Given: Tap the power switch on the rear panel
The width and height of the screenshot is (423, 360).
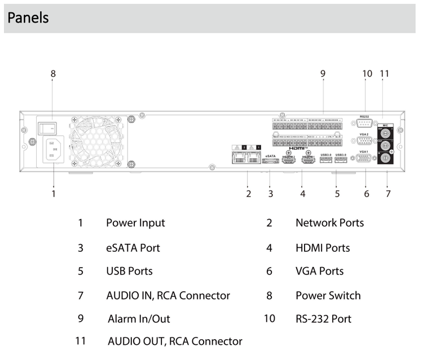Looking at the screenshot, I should tap(48, 127).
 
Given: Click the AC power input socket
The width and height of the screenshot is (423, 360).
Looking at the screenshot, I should tap(52, 150).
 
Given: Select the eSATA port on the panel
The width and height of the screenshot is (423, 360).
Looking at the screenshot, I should tap(270, 161).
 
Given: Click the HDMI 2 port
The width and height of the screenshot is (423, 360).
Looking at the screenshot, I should tap(289, 161).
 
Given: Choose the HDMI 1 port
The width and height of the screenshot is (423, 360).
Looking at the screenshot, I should tap(308, 161).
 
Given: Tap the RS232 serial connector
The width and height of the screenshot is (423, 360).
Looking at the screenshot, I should tap(364, 125).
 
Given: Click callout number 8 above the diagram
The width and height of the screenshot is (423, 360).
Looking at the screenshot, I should tap(53, 73).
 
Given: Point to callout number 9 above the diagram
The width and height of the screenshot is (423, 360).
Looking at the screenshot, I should tap(323, 73).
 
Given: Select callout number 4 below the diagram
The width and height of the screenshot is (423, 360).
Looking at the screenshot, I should tap(303, 194).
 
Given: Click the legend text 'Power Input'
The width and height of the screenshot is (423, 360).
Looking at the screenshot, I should tap(135, 223).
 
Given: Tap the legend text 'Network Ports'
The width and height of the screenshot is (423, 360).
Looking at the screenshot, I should tap(329, 223).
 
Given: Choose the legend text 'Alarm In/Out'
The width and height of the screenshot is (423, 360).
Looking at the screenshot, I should tap(139, 318).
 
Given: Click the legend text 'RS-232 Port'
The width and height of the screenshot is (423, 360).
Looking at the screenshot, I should tap(323, 318).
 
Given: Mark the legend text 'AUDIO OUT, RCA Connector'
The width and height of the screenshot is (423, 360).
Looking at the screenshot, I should tap(175, 341).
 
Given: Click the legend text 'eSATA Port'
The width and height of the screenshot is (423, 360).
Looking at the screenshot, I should tap(133, 248).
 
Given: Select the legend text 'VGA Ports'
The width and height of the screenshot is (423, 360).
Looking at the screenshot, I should tap(319, 271).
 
